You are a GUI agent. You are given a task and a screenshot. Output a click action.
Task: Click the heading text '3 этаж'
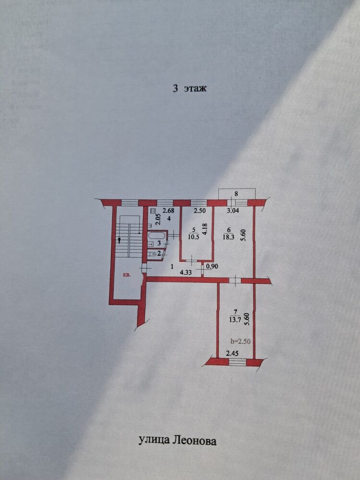pos(190,88)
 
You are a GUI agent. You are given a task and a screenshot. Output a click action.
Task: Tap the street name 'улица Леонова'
pos(177,441)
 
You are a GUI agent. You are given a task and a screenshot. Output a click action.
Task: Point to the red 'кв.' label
pos(127,276)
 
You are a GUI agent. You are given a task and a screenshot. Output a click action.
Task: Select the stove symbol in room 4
pos(153,210)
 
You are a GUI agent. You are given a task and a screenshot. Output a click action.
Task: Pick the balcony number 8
pos(236,194)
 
